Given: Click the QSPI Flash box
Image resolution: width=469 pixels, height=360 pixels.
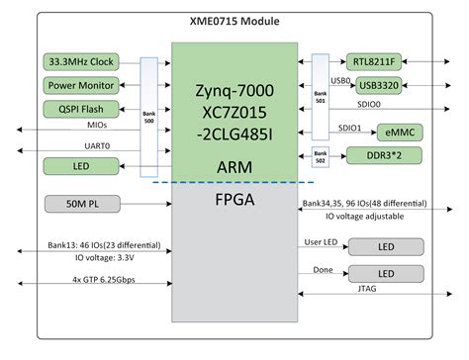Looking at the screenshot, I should coord(81,109).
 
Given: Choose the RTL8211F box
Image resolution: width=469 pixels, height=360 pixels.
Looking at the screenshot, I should coord(380,61).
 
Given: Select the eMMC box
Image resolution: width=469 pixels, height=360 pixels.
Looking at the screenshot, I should coord(380,132).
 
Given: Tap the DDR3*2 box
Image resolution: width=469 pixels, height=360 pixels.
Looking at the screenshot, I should coord(380,156).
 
